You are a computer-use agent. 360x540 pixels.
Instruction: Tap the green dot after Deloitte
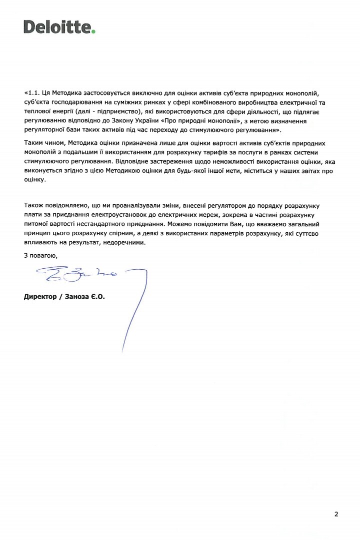pos(93,31)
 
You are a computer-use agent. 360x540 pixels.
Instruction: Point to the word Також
pos(34,205)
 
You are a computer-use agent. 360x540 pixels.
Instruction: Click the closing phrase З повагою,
pos(40,255)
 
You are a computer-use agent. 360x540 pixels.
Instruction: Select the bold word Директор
pos(39,297)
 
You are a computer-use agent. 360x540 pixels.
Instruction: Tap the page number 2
pos(336,514)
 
